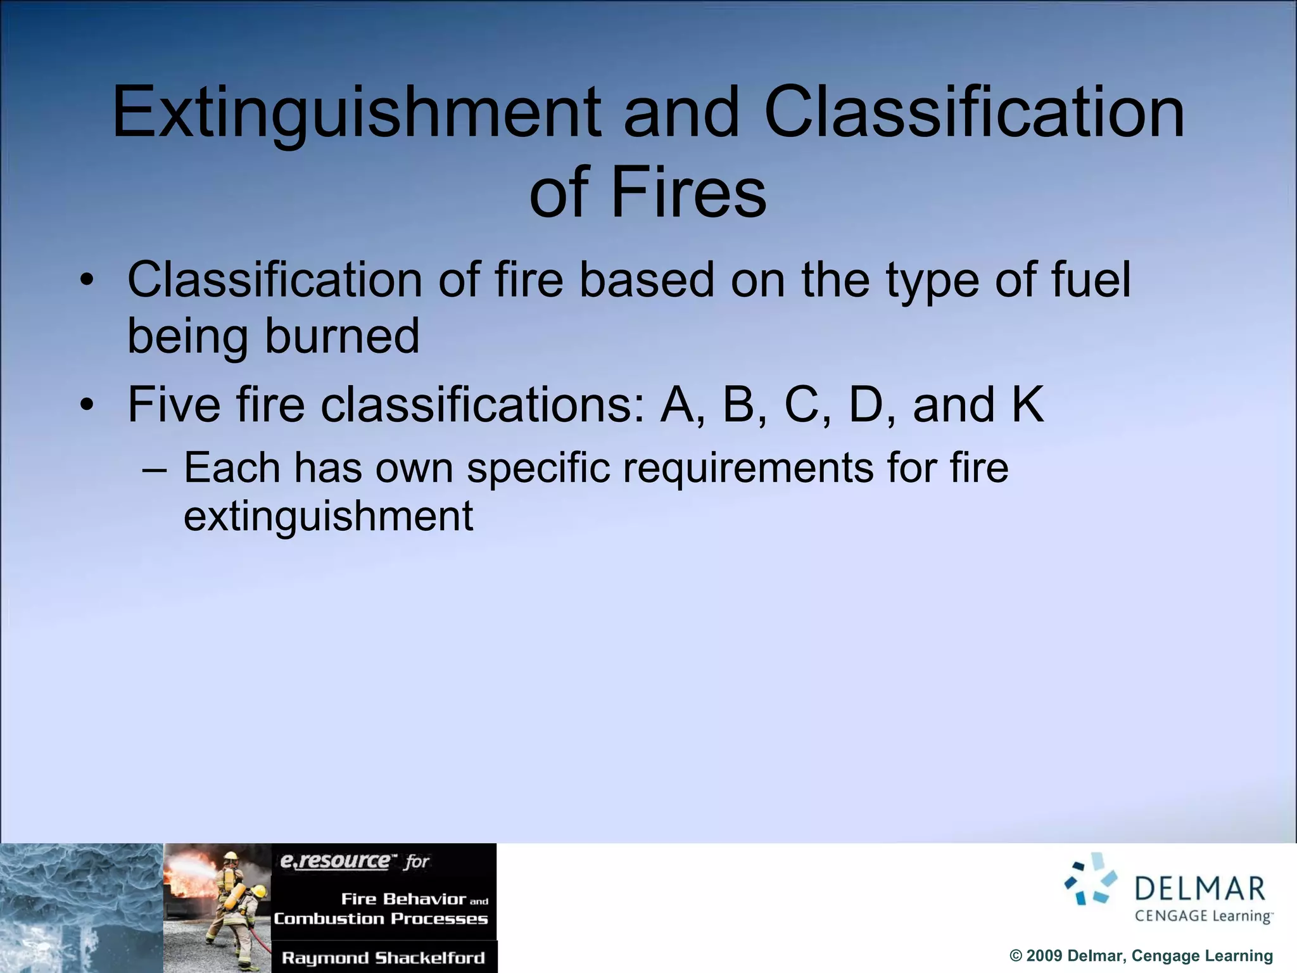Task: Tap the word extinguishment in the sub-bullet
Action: coord(328,516)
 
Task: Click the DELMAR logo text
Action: coord(1199,889)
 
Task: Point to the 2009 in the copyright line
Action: coord(1044,956)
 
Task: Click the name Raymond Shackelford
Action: coord(383,958)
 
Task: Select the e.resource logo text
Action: coord(335,861)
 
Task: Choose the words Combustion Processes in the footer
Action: coord(381,919)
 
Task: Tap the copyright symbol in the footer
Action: coord(1016,956)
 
